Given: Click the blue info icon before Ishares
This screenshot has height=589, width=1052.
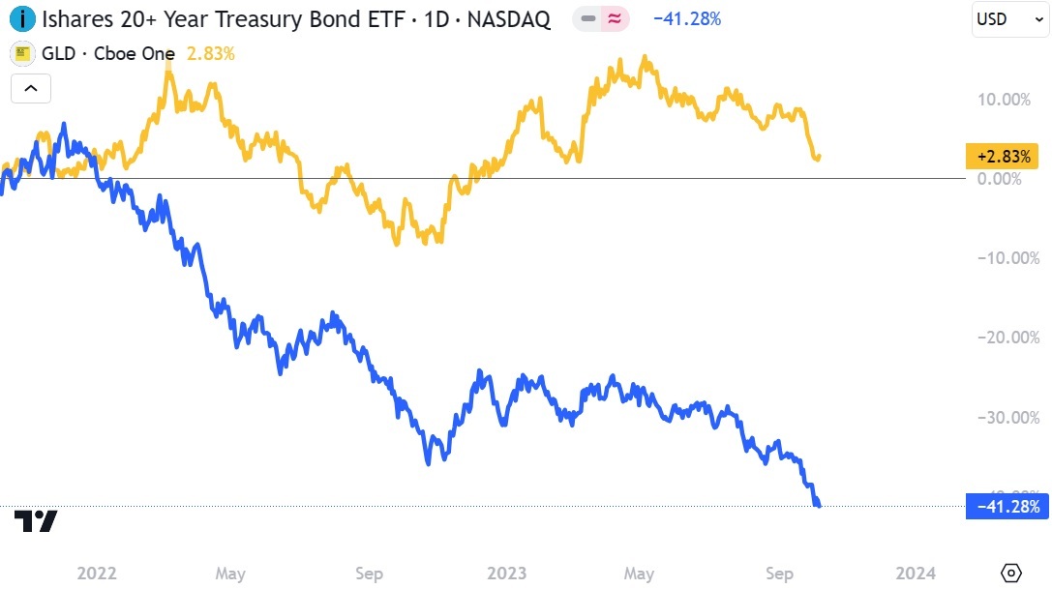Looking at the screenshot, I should click(22, 18).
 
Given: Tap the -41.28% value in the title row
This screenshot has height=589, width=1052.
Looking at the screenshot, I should click(686, 18).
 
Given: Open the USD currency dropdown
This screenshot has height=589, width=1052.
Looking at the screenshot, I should click(1010, 18).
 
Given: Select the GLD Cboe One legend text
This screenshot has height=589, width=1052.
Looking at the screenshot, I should click(105, 53).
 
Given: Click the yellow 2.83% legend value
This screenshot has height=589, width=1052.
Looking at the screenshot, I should click(210, 53).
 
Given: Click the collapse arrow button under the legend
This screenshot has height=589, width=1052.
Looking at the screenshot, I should click(31, 89).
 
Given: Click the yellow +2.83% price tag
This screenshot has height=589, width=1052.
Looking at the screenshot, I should click(1007, 156).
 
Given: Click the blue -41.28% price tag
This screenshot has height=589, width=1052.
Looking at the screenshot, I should click(1007, 506).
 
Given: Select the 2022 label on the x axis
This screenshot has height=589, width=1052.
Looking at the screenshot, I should click(97, 573).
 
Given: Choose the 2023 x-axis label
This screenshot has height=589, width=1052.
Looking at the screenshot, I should click(506, 573).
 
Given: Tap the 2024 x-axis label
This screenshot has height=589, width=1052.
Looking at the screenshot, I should click(916, 573).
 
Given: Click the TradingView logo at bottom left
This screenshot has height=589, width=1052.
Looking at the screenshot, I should click(36, 521).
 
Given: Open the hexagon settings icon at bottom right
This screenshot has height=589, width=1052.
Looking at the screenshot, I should click(1010, 573).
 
